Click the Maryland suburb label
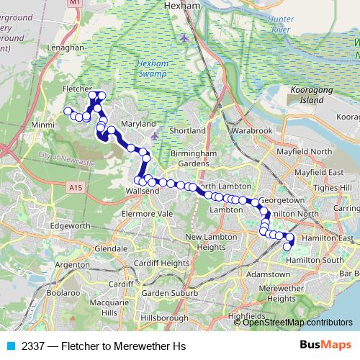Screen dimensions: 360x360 pos(138,124)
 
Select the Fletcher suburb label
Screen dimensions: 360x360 pos(77,88)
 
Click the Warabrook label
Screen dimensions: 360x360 pos(252,132)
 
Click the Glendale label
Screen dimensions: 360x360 pos(111,248)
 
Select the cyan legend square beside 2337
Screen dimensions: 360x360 pos(10,346)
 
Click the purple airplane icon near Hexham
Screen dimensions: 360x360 pos(185,37)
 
